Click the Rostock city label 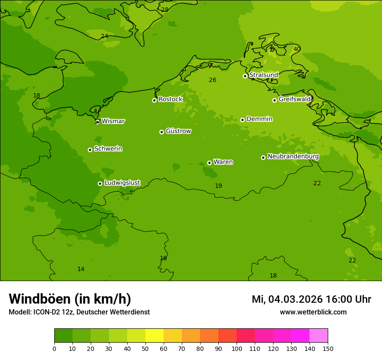170,99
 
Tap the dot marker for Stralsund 245,76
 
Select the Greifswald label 294,99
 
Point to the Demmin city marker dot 242,120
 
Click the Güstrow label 178,131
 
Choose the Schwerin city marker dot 90,150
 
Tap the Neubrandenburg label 293,157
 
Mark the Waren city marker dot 209,163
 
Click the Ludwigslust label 122,183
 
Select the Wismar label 113,121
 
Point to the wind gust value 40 296,49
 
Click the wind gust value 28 165,10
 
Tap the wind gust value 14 81,269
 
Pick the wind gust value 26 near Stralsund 212,80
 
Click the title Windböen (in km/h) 70,299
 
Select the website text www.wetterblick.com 313,312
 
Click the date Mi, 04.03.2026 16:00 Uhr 311,299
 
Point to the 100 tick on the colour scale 237,348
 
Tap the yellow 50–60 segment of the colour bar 155,336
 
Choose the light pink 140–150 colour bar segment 319,336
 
